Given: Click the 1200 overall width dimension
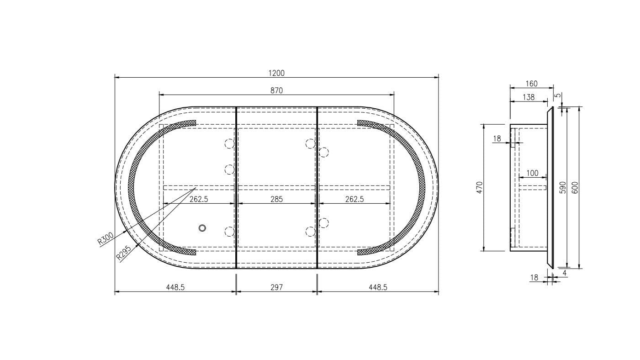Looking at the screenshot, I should point(276,73).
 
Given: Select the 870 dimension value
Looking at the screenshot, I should point(276,90).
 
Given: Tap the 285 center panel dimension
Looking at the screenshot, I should point(276,199).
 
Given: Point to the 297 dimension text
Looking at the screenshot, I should point(276,287).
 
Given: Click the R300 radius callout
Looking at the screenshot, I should point(106,239).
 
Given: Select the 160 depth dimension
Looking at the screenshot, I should point(531,84).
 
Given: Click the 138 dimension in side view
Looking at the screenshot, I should point(528,97).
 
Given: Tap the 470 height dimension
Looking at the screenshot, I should point(479,187).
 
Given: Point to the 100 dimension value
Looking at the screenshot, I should point(532,174).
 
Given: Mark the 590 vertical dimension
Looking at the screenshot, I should point(563,187).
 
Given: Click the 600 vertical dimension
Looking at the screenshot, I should point(575,187).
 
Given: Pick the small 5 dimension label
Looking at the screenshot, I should point(557,96).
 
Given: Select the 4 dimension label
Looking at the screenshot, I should point(565,273).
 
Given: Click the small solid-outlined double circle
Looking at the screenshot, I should point(202,228).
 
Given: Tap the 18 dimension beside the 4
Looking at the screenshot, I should point(534,277).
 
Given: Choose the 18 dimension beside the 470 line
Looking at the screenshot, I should point(497,138).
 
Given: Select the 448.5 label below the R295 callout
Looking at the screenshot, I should point(175,287).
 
